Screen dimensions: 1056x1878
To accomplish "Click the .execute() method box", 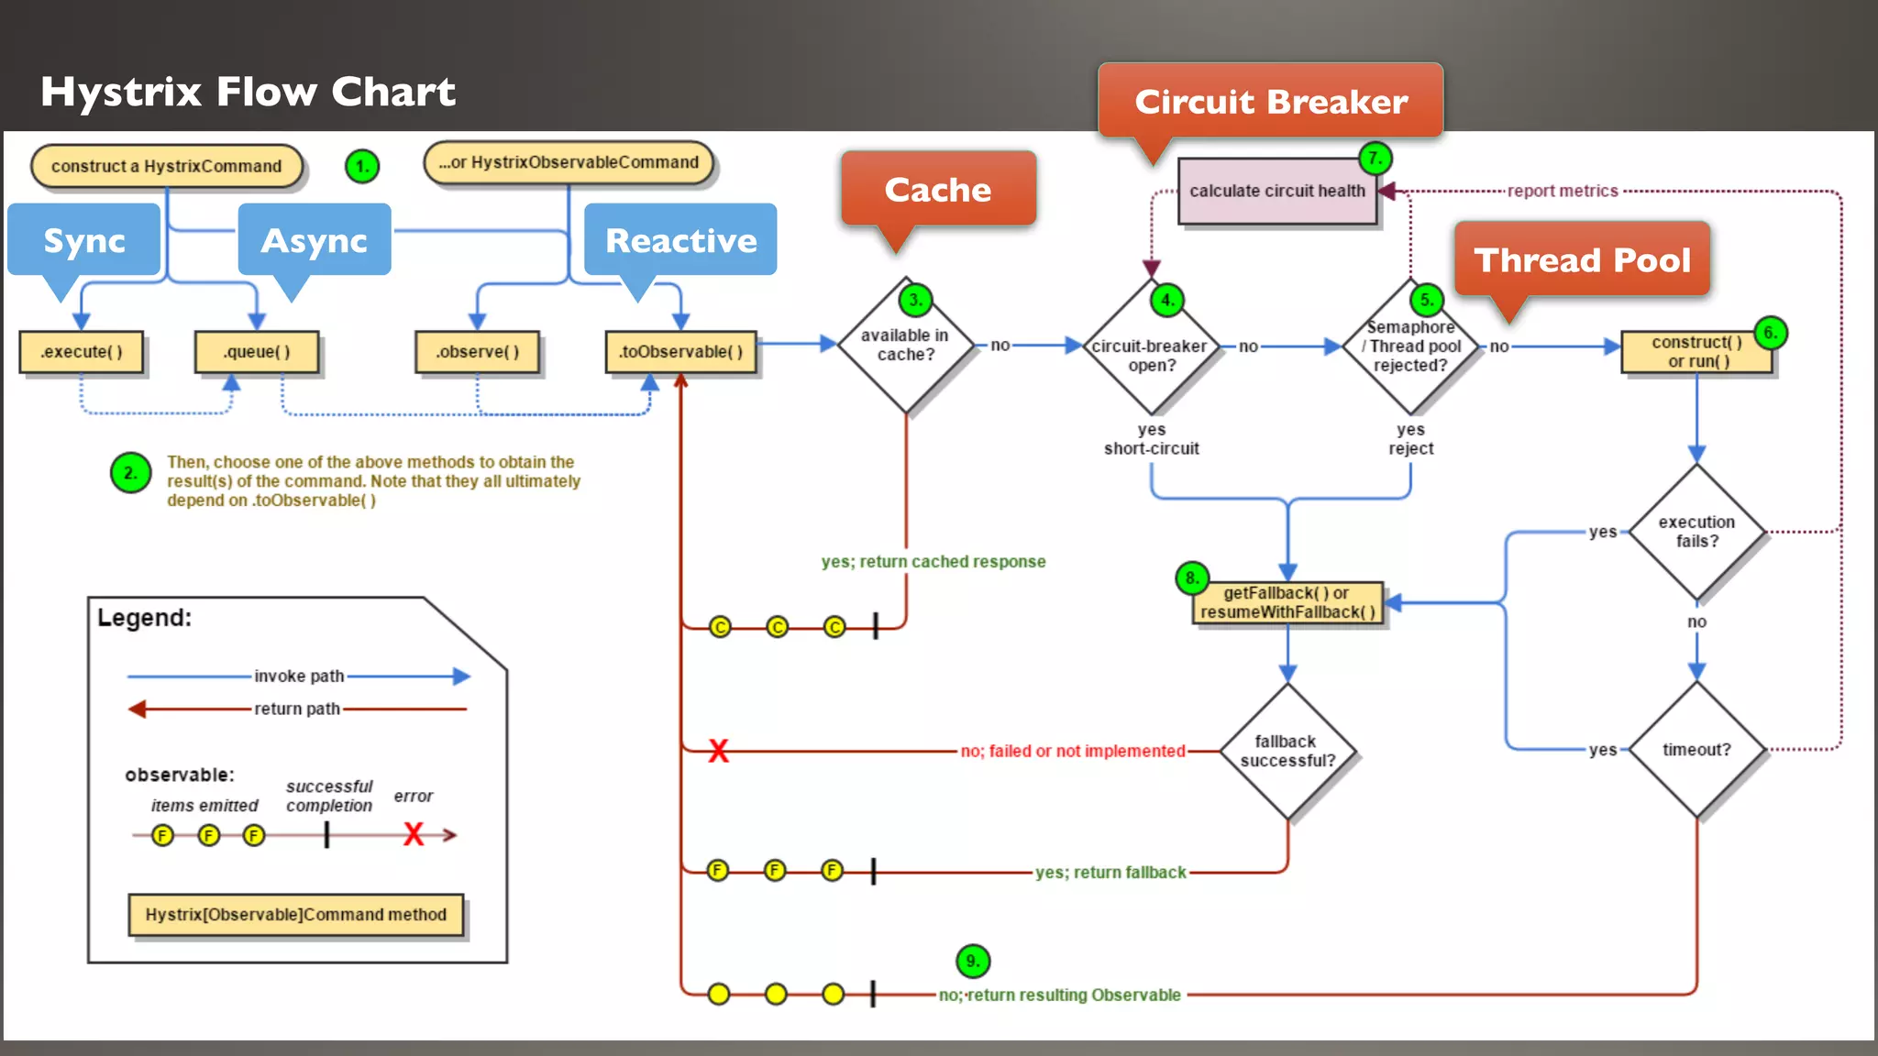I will (82, 352).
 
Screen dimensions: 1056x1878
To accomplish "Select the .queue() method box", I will (257, 352).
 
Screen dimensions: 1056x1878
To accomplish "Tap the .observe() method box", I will (477, 352).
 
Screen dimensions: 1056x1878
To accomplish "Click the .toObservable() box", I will (680, 352).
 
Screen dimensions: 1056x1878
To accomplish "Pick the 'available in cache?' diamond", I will (905, 346).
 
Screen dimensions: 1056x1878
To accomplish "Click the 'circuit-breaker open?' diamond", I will (1151, 356).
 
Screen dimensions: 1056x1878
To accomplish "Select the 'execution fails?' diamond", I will (1696, 532).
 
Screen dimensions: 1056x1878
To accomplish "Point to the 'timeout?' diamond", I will (1696, 750).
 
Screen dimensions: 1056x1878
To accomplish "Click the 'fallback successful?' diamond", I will (1287, 751).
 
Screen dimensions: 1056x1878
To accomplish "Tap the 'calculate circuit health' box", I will (1277, 191).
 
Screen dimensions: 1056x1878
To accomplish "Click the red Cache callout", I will (938, 190).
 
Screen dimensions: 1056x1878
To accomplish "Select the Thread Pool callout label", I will (1582, 260).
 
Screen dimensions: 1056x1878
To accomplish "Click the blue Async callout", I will (315, 240).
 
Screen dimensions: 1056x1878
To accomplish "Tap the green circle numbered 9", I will (973, 961).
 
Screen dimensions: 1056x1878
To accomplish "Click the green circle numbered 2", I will (130, 473).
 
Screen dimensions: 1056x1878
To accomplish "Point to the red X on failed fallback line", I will (718, 752).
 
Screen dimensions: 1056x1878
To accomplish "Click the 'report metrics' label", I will (1563, 191).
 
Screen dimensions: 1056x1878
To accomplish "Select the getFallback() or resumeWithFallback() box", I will (1287, 602).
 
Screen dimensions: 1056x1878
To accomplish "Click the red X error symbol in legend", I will (414, 834).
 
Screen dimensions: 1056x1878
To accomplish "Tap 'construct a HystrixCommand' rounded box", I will (166, 166).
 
